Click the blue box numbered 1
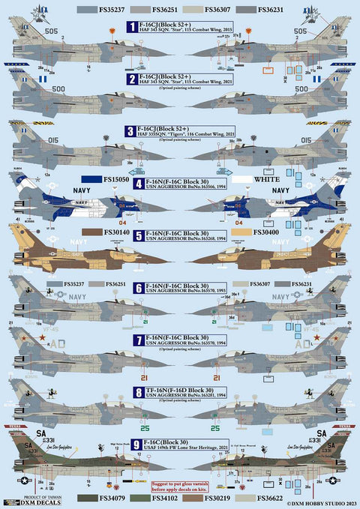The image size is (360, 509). [x=131, y=27]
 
